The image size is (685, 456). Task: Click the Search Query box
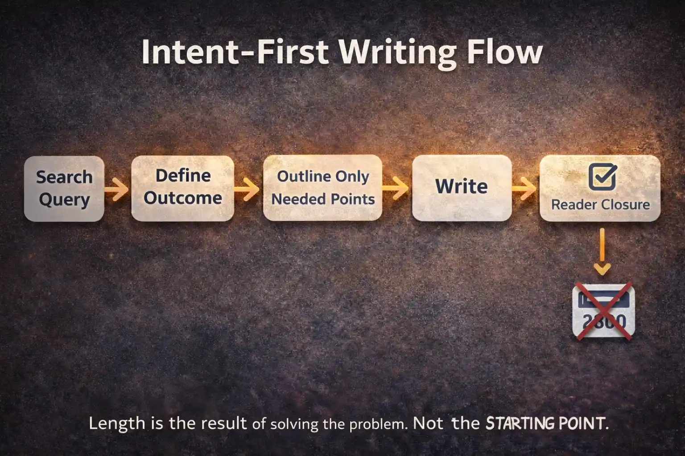pyautogui.click(x=64, y=188)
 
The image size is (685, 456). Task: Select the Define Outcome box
pyautogui.click(x=182, y=188)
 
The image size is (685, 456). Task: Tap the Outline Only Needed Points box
pyautogui.click(x=322, y=188)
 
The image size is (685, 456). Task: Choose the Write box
pyautogui.click(x=462, y=187)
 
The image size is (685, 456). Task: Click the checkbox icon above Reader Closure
pyautogui.click(x=602, y=177)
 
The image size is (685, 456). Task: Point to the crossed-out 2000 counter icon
pyautogui.click(x=603, y=311)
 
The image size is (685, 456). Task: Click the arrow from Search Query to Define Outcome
pyautogui.click(x=116, y=189)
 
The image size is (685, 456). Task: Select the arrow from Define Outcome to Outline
pyautogui.click(x=247, y=189)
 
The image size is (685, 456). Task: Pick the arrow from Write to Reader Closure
pyautogui.click(x=524, y=188)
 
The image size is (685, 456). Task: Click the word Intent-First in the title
pyautogui.click(x=235, y=52)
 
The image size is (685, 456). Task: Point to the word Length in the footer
pyautogui.click(x=117, y=423)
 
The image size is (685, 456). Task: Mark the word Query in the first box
pyautogui.click(x=64, y=200)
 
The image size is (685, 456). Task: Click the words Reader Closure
pyautogui.click(x=600, y=204)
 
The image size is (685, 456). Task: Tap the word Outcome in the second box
pyautogui.click(x=183, y=198)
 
